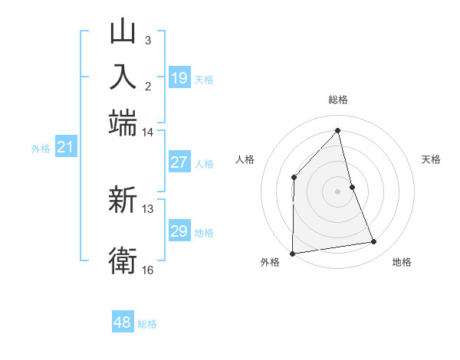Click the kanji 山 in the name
pyautogui.click(x=123, y=33)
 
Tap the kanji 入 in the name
pyautogui.click(x=123, y=77)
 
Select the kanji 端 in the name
pyautogui.click(x=123, y=123)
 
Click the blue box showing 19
pyautogui.click(x=179, y=78)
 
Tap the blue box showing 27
pyautogui.click(x=179, y=162)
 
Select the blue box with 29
pyautogui.click(x=179, y=231)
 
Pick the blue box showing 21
pyautogui.click(x=65, y=148)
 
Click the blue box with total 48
pyautogui.click(x=123, y=322)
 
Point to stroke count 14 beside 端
pyautogui.click(x=147, y=133)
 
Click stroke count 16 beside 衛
pyautogui.click(x=147, y=270)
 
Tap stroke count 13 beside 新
pyautogui.click(x=147, y=208)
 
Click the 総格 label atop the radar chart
pyautogui.click(x=337, y=100)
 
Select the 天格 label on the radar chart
pyautogui.click(x=431, y=159)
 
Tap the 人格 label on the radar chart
pyautogui.click(x=245, y=159)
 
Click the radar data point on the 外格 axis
pyautogui.click(x=292, y=253)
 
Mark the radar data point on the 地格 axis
pyautogui.click(x=374, y=242)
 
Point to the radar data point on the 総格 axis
pyautogui.click(x=337, y=130)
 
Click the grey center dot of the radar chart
pyautogui.click(x=337, y=191)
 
